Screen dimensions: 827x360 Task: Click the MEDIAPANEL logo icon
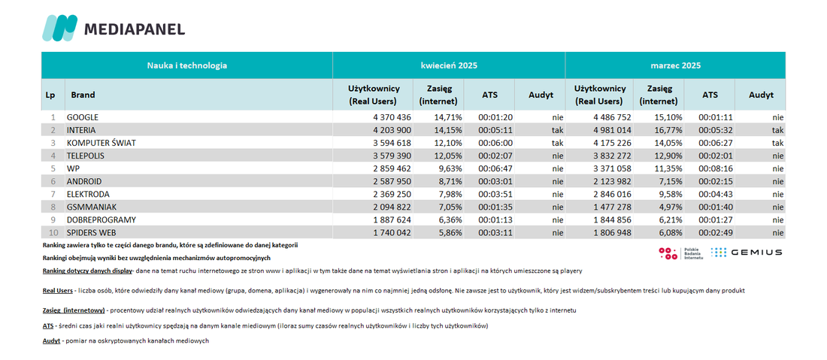point(59,28)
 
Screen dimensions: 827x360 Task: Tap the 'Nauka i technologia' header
point(187,66)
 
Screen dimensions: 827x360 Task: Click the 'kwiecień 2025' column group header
point(449,66)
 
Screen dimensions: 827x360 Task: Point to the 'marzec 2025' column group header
point(676,66)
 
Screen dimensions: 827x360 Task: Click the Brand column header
point(83,95)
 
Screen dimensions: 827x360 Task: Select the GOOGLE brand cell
point(82,117)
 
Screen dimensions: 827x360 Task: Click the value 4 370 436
point(392,117)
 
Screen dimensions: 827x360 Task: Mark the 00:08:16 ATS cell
point(714,168)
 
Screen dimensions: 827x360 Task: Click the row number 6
point(53,181)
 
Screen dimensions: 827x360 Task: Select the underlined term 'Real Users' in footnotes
point(57,291)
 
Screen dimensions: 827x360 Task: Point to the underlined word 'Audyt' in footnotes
point(51,341)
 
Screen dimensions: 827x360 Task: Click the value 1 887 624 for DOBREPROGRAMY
point(392,219)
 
